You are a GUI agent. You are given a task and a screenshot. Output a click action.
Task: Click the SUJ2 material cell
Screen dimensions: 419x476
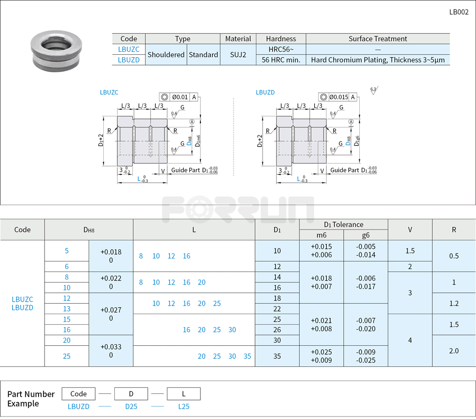pos(238,55)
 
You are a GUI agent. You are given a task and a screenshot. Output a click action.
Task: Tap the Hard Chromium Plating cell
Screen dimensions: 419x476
pos(377,60)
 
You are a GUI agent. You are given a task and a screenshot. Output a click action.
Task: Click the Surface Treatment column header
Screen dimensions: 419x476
pos(377,39)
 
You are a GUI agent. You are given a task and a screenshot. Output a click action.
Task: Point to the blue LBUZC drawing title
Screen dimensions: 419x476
pos(109,92)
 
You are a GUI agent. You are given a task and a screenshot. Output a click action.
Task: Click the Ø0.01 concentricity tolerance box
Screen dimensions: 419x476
pos(179,97)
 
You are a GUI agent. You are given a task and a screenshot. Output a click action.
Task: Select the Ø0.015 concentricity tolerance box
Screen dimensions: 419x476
pos(339,97)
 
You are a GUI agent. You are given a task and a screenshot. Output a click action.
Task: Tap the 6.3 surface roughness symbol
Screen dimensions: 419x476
pos(373,90)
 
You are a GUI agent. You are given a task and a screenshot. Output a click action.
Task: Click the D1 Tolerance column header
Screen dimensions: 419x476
pos(343,224)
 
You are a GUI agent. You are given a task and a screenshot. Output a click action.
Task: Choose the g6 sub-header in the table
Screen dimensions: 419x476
pos(366,235)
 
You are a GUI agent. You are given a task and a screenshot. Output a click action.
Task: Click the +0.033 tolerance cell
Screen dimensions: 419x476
pos(111,351)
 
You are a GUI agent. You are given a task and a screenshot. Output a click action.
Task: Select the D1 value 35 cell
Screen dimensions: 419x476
pos(277,356)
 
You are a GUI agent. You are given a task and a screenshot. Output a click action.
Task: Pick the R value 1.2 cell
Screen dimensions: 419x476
pos(453,304)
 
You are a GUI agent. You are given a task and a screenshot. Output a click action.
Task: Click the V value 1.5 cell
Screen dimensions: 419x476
pos(410,251)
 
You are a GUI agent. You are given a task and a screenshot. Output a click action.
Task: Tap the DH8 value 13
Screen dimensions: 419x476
pos(67,309)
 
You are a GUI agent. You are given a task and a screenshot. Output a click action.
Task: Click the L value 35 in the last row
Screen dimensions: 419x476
pos(248,356)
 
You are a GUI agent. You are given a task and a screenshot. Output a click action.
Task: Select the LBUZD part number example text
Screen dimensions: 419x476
pos(79,406)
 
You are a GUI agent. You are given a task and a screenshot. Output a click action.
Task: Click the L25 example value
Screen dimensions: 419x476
pos(184,406)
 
